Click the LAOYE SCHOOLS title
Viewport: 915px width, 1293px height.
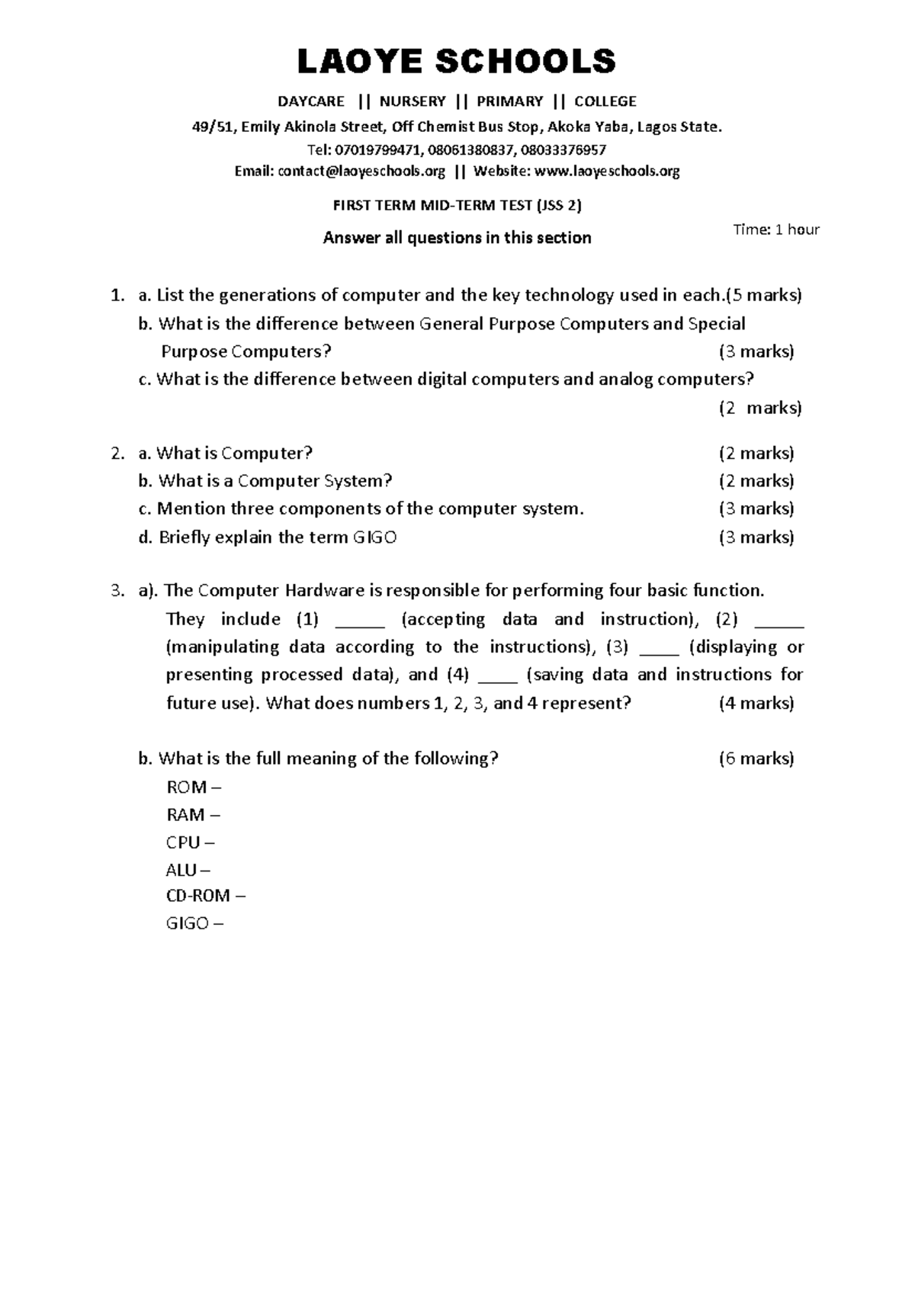tap(456, 62)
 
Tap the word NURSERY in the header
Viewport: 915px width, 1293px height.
tap(412, 101)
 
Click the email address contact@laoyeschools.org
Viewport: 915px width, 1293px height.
tap(361, 172)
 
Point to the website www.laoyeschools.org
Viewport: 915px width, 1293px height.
tap(607, 172)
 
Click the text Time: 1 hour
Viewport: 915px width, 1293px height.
tap(775, 229)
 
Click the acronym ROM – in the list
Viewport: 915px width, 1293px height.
tap(193, 787)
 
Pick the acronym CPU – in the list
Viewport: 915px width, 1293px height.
tap(190, 842)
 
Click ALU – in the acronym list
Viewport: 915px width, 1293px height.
tap(188, 870)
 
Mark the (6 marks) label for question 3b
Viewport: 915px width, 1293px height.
tap(756, 759)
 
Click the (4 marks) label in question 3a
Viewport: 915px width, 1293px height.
tap(756, 703)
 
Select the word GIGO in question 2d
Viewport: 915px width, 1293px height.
tap(374, 537)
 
